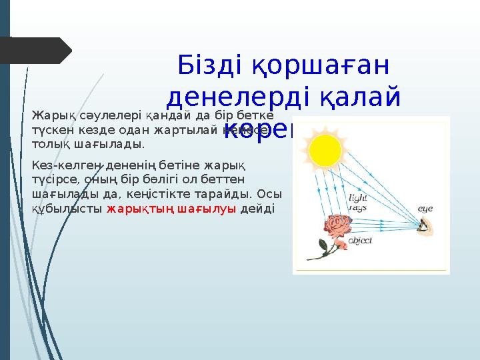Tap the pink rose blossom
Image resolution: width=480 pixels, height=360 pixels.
pos(339,231)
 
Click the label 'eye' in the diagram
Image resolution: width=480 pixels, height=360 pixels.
pos(425,209)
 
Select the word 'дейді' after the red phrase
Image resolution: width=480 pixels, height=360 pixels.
pos(257,209)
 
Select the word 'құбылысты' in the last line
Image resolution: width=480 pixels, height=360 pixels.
pos(67,209)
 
